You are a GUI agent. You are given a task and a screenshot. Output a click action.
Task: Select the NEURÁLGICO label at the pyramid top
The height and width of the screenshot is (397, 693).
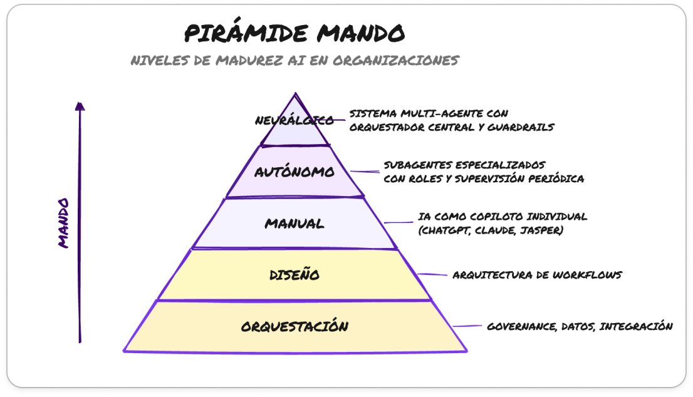(294, 120)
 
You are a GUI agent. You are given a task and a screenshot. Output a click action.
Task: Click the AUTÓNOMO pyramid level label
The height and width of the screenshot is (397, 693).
(294, 172)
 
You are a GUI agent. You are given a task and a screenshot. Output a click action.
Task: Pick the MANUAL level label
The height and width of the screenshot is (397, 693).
(294, 223)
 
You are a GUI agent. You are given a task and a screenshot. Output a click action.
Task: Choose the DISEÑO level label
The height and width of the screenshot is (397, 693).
(294, 274)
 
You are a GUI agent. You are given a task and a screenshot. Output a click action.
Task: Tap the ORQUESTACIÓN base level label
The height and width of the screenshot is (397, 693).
(294, 326)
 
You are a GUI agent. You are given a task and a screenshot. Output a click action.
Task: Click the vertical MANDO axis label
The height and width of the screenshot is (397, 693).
(63, 223)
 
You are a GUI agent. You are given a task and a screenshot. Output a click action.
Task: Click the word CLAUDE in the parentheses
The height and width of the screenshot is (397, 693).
(495, 230)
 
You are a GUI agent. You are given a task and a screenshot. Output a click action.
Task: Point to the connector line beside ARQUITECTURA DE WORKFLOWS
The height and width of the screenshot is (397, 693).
(432, 274)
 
